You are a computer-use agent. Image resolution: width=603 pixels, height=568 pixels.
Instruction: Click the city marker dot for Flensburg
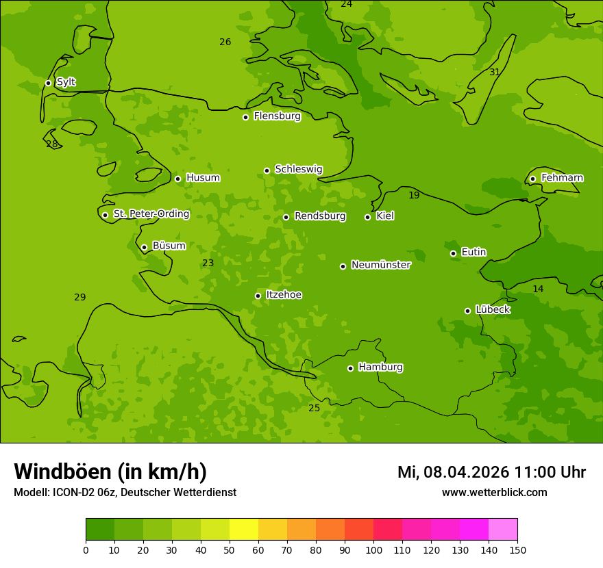(x=245, y=117)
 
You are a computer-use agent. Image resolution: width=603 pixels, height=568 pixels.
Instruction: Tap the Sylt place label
(x=66, y=82)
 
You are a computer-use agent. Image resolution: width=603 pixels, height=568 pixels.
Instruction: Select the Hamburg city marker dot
(x=350, y=368)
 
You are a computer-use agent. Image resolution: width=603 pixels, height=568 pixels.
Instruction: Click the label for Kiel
(x=384, y=216)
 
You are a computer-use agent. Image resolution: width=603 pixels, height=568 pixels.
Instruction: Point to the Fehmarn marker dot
(x=532, y=179)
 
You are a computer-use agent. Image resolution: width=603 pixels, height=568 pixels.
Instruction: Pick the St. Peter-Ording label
(x=151, y=214)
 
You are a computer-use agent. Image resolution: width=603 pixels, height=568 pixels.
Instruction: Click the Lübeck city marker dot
(x=467, y=311)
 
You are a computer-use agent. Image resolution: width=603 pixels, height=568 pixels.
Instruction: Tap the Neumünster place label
(x=380, y=265)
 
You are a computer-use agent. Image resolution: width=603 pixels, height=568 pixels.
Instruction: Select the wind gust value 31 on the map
(x=494, y=72)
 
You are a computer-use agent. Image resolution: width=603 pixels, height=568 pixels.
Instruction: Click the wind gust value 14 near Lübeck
(x=538, y=289)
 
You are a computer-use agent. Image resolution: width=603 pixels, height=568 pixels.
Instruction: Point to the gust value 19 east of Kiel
(x=414, y=196)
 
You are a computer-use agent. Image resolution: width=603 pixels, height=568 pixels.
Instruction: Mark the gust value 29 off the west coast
(x=80, y=297)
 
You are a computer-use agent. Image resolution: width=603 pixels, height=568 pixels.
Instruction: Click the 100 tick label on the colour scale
(x=373, y=550)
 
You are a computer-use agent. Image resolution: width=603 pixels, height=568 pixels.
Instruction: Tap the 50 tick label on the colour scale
(x=230, y=550)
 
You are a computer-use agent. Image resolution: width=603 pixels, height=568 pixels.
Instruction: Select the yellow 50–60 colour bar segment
(x=244, y=530)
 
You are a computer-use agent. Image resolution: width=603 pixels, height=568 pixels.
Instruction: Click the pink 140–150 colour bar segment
(x=503, y=530)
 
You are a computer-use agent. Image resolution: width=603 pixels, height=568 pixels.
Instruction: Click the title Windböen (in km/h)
(x=110, y=472)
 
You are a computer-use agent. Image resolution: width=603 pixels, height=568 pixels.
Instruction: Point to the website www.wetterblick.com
(x=494, y=492)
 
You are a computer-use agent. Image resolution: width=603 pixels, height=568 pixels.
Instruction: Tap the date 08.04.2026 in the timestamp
(x=466, y=472)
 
